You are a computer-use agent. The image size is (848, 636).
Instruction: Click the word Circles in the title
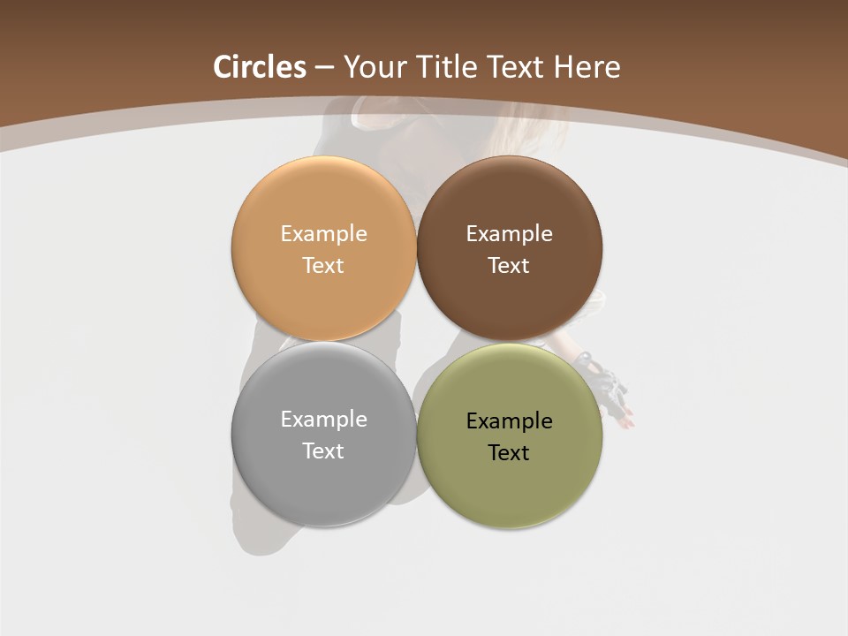click(260, 67)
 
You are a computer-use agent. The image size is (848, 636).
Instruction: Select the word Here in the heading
click(587, 67)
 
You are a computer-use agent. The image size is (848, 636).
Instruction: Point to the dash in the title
click(323, 68)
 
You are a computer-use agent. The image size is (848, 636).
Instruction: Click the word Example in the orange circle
click(323, 233)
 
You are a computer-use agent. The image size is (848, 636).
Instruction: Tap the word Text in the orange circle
click(323, 265)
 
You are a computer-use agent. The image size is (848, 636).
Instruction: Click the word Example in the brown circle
click(510, 233)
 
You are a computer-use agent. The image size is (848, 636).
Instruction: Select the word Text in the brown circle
click(510, 265)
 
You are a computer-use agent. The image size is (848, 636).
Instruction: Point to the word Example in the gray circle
click(323, 419)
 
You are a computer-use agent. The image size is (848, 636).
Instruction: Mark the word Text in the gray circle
click(323, 450)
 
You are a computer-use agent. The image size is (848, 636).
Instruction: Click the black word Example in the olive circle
click(510, 420)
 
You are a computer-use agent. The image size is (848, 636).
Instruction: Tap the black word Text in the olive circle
click(510, 452)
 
